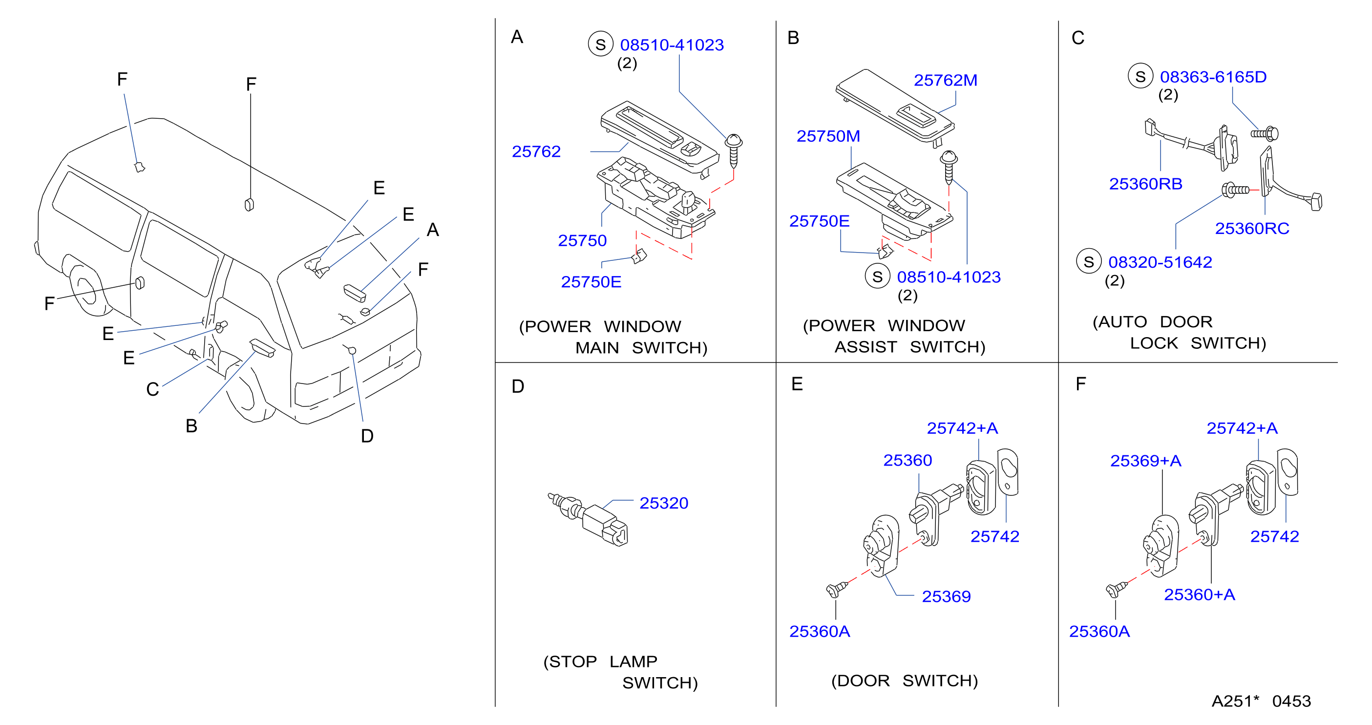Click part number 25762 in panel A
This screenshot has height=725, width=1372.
coord(536,152)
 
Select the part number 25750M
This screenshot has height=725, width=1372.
coord(828,136)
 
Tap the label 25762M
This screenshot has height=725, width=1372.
coord(946,81)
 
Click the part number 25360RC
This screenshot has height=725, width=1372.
coord(1252,229)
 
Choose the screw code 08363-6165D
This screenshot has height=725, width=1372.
coord(1213,77)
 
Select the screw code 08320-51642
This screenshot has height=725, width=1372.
coord(1160,262)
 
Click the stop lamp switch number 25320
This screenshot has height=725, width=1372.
coord(664,503)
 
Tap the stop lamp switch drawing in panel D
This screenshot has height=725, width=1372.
coord(589,519)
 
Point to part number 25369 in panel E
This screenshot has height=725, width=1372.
coord(946,597)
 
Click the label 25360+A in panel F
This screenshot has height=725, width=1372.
coord(1199,595)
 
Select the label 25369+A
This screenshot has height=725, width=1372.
coord(1146,461)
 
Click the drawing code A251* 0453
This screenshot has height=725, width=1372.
coord(1261,701)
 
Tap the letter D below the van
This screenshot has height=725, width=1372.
coord(367,436)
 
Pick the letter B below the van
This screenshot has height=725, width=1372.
coord(191,426)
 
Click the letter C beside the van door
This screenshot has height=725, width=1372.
coord(152,389)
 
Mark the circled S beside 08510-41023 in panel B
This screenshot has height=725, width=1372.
coord(878,277)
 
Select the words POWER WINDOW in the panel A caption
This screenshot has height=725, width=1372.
coord(600,326)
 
